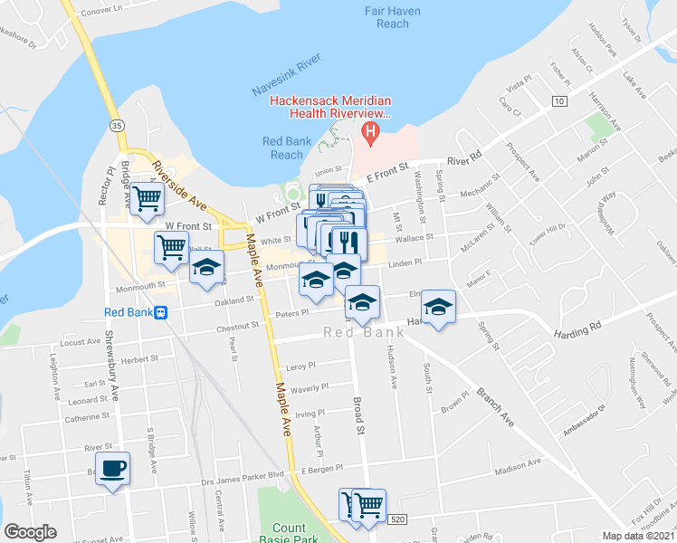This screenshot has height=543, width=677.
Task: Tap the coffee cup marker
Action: pyautogui.click(x=112, y=468)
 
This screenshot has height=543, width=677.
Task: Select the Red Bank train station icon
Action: pyautogui.click(x=160, y=312)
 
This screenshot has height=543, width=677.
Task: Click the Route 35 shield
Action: pyautogui.click(x=116, y=122)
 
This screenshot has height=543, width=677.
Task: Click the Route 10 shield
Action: pyautogui.click(x=560, y=101)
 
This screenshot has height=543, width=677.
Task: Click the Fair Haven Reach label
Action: pyautogui.click(x=386, y=17)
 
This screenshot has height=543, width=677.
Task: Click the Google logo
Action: pyautogui.click(x=30, y=531)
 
